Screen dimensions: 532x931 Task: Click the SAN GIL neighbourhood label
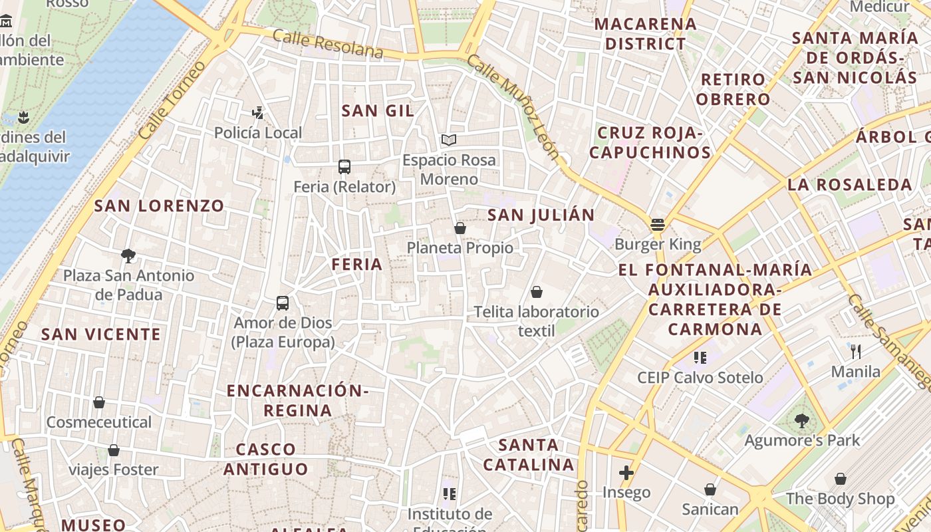(378, 110)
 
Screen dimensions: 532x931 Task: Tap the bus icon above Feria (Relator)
(344, 167)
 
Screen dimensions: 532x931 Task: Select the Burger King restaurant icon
(658, 225)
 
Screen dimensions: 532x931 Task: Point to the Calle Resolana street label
(328, 43)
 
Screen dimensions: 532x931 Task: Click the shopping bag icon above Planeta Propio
(460, 228)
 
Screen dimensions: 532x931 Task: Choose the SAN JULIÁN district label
(541, 215)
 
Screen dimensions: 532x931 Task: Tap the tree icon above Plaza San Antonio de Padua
(128, 255)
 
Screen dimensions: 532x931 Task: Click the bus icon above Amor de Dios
(283, 303)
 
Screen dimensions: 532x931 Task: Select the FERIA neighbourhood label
(357, 264)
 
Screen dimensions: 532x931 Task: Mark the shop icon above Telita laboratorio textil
(537, 292)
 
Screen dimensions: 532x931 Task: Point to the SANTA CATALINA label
(529, 454)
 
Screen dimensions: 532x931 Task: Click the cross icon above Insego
(626, 473)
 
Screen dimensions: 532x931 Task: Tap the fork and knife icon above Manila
(856, 351)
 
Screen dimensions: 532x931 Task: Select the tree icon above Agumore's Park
(802, 420)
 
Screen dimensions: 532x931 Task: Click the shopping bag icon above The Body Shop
(841, 479)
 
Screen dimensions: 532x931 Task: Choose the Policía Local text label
(258, 132)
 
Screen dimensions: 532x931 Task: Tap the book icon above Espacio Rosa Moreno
(449, 140)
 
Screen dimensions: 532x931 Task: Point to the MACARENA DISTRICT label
(640, 34)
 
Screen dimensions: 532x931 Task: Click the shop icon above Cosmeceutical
(99, 402)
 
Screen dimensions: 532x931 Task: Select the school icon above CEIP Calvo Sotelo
(700, 358)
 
